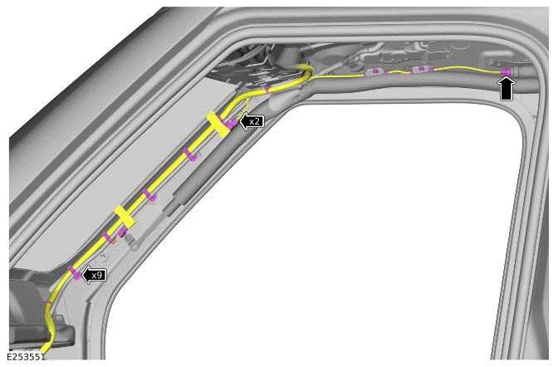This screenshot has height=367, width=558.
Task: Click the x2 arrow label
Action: point(252,121)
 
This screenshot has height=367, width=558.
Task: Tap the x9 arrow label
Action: point(95,274)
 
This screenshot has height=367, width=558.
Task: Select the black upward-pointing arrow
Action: point(507,87)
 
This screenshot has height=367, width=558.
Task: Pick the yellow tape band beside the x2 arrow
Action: point(218,125)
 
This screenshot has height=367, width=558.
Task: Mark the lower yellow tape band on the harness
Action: point(123,217)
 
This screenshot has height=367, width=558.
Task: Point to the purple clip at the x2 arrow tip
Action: point(232,123)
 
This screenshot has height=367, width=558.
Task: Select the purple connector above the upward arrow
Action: point(506,72)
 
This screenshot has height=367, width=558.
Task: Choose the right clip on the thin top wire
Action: point(421,70)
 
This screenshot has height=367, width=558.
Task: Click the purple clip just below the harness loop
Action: point(267,86)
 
